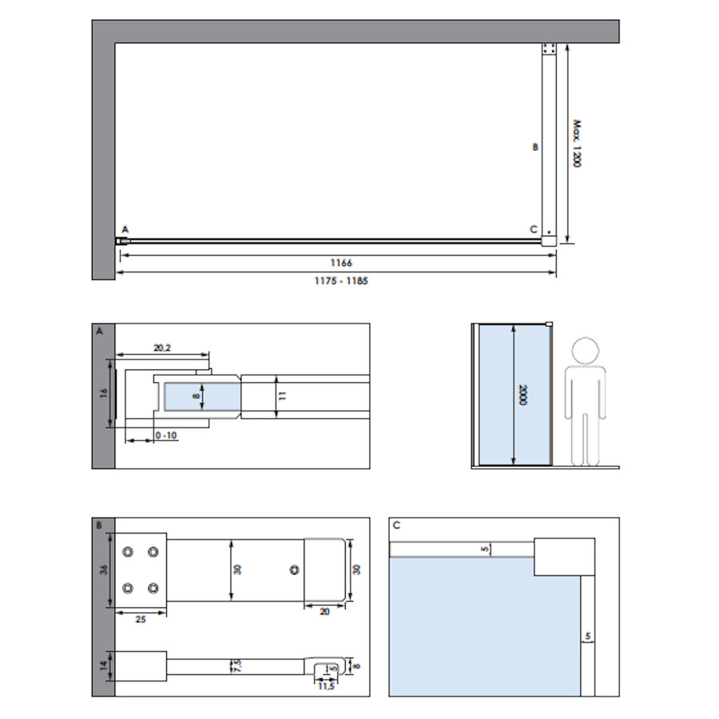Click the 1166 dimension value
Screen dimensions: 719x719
tap(340, 262)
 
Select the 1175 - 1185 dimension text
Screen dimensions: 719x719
tap(340, 280)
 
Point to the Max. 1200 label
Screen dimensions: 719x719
tap(576, 144)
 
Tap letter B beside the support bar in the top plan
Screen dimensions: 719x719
tap(536, 147)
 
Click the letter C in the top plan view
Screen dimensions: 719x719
tap(534, 230)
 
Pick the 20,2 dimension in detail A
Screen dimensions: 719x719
tap(162, 347)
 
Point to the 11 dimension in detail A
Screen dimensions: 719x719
tap(281, 395)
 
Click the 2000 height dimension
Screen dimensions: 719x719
tap(522, 395)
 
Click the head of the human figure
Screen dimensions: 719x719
tap(586, 351)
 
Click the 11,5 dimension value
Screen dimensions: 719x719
tap(324, 686)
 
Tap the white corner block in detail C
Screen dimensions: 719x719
tap(563, 557)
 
